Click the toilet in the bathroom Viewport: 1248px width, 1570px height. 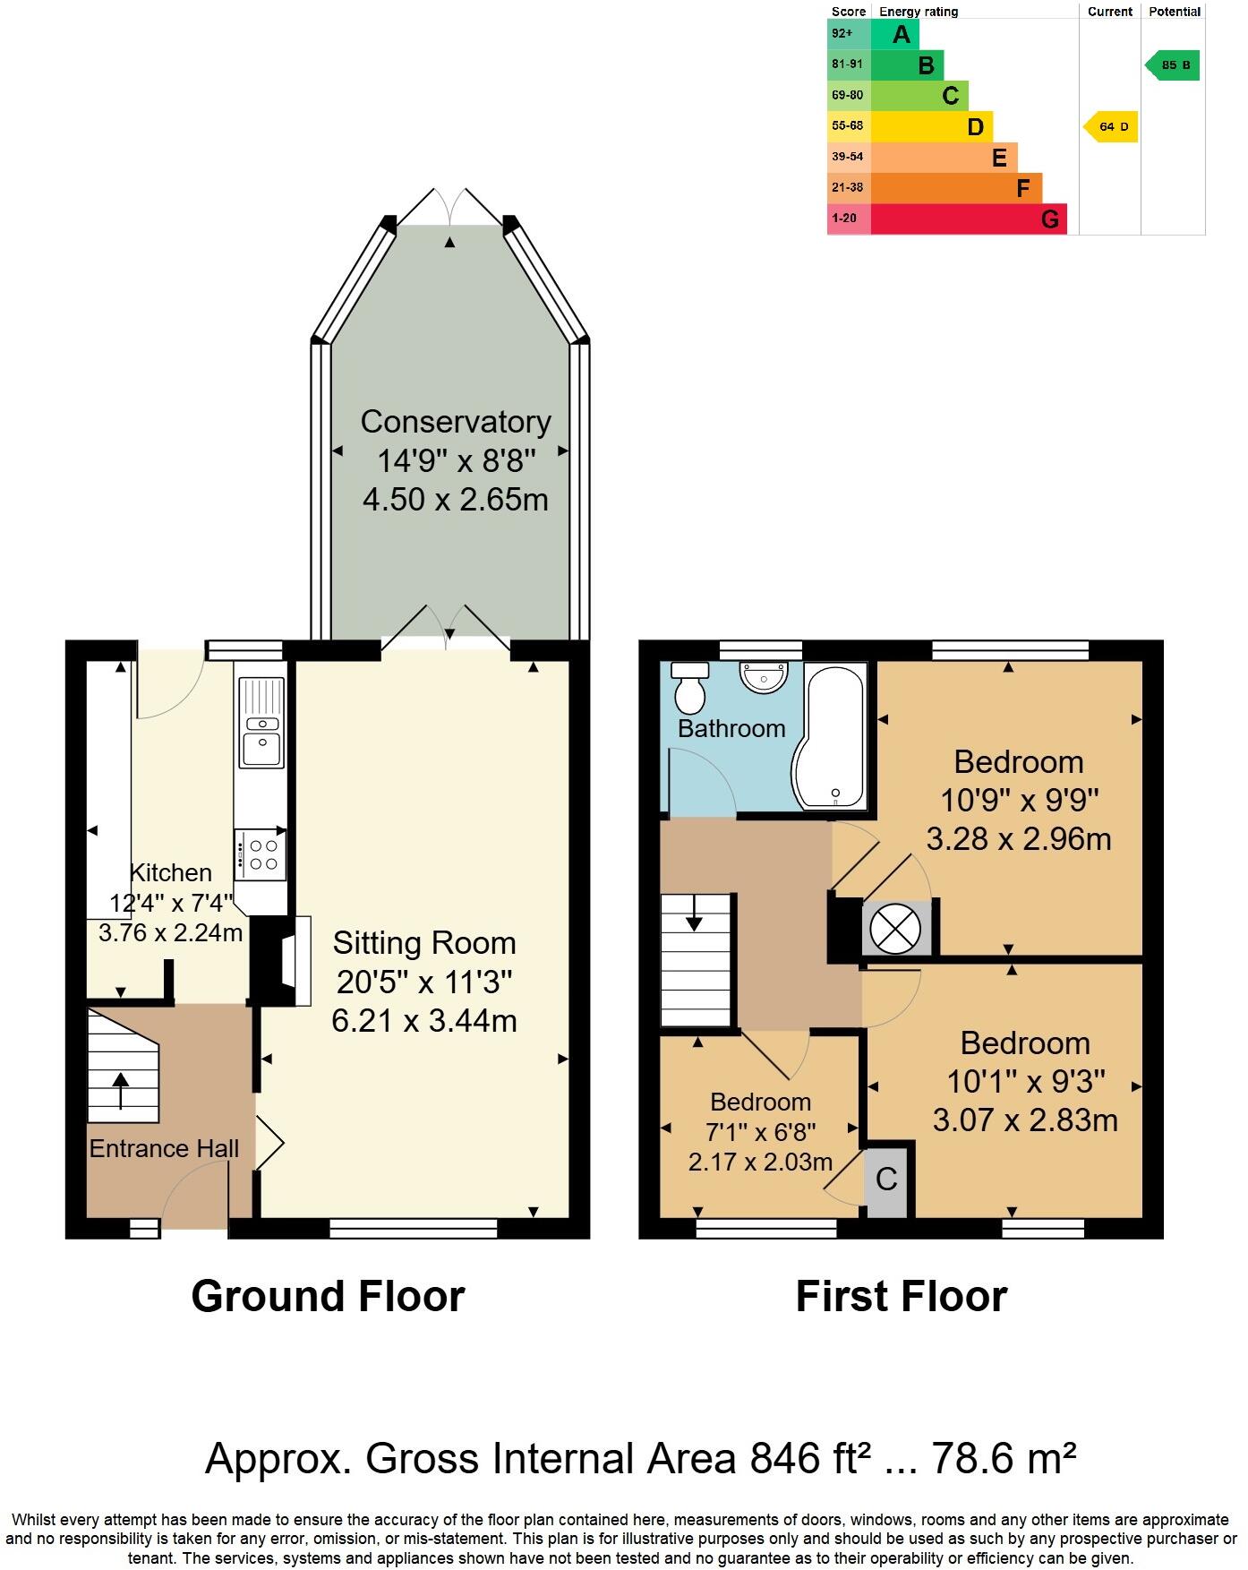688,687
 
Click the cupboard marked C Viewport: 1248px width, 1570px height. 886,1179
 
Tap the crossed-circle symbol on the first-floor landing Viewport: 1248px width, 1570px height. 894,928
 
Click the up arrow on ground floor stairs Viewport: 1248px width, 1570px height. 121,1090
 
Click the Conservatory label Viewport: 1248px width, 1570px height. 456,422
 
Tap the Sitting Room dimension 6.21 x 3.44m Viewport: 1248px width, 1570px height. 424,1020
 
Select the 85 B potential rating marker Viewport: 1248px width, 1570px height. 1174,65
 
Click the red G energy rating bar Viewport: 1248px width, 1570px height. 968,219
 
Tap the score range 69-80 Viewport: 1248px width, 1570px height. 847,95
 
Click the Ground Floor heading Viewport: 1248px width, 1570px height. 328,1296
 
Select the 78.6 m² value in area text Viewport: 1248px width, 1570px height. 1004,1458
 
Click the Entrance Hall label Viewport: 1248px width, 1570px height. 164,1149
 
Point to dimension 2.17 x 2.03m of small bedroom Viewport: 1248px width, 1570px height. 760,1162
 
